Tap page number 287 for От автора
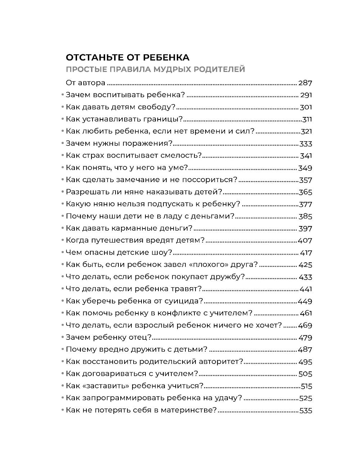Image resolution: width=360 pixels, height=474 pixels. click(305, 83)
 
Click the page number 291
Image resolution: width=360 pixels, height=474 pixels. click(306, 95)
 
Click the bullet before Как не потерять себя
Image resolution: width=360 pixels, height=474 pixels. click(62, 410)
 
